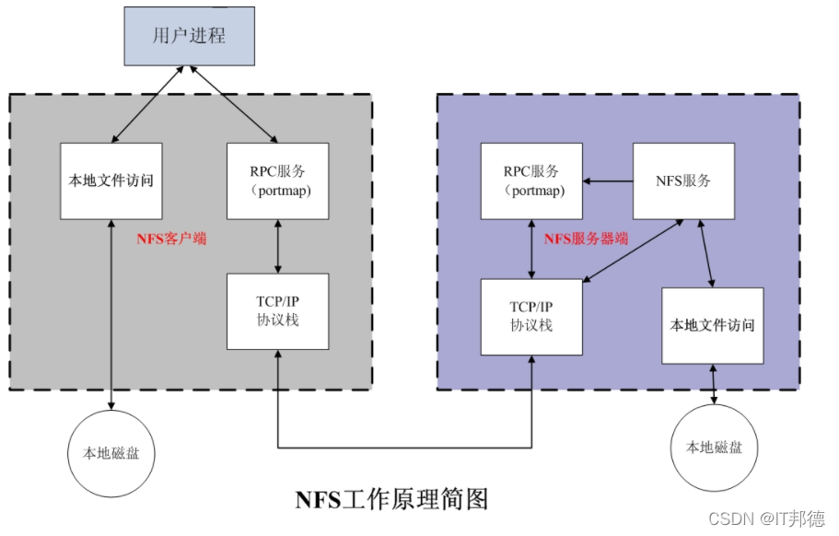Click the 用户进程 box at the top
click(x=189, y=36)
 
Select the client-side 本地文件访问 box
click(x=111, y=181)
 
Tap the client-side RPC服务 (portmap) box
click(x=277, y=181)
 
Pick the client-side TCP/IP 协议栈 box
click(x=277, y=311)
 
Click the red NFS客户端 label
click(x=171, y=239)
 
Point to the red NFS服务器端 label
click(x=587, y=239)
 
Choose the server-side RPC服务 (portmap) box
click(x=531, y=181)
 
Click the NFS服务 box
click(x=683, y=181)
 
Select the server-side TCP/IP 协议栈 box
click(x=531, y=317)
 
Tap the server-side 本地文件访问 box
click(x=713, y=325)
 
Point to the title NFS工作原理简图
click(x=391, y=499)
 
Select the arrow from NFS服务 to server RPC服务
click(x=607, y=181)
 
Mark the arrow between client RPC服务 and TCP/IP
click(x=277, y=246)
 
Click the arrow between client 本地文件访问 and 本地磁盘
click(x=111, y=313)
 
